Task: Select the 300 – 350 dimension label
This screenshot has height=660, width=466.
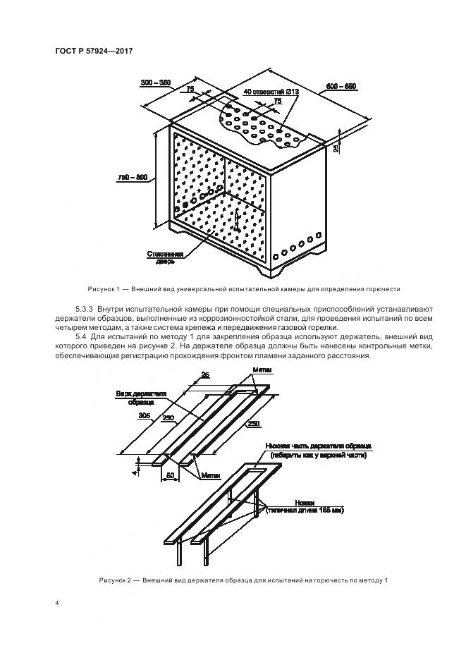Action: click(155, 82)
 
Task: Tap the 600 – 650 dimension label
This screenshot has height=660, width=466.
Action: click(341, 86)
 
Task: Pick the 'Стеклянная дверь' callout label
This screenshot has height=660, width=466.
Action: click(166, 257)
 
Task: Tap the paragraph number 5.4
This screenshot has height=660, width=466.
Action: click(82, 338)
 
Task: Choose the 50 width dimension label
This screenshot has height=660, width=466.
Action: click(171, 477)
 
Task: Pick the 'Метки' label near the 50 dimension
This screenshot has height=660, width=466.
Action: click(209, 475)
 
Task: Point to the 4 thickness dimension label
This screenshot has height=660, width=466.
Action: click(135, 465)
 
